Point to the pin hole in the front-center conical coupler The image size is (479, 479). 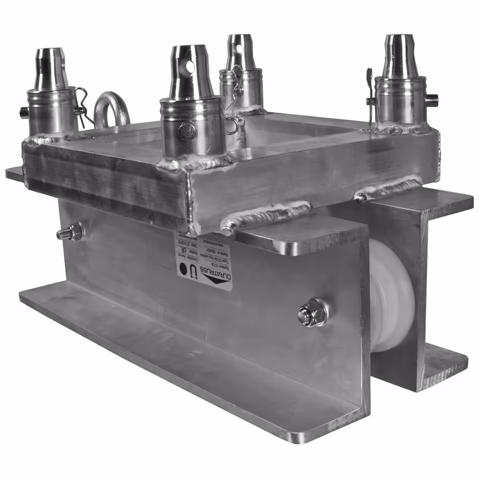191,66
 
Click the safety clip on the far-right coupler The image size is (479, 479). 369,92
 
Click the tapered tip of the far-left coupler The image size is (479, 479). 51,62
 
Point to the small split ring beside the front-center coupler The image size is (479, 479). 231,126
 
